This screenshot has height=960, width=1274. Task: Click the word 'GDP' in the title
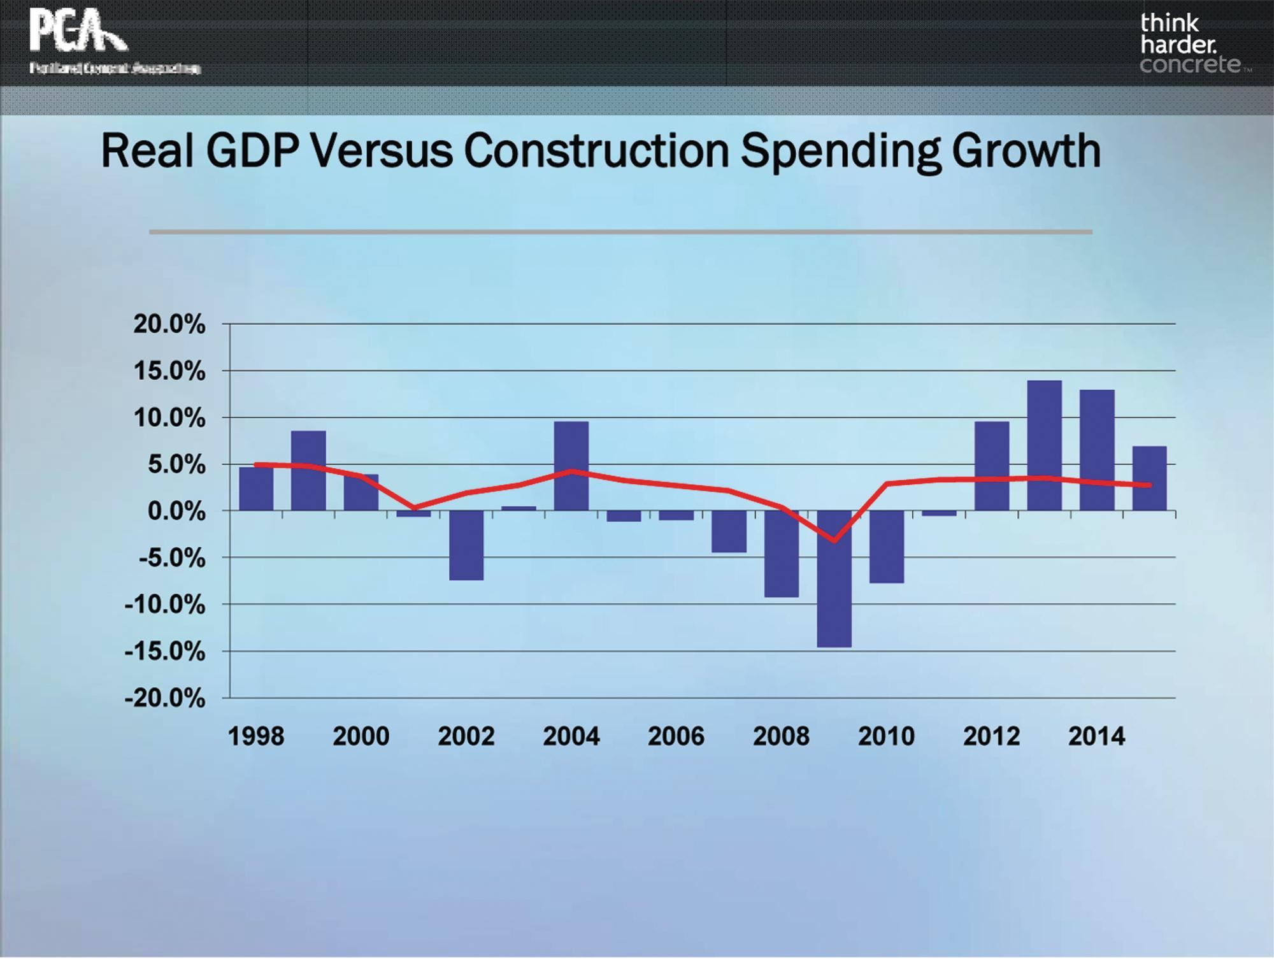(251, 152)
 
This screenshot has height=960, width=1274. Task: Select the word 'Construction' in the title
(596, 152)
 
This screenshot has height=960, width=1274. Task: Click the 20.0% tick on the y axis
(169, 325)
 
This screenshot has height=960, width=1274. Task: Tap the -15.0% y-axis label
(166, 652)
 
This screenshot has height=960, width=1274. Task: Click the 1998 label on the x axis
(256, 737)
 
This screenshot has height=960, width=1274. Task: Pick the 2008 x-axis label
(781, 737)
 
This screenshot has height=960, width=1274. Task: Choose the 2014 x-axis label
(1096, 737)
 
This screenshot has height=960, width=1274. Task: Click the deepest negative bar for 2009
(834, 580)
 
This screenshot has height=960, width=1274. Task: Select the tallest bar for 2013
(1044, 446)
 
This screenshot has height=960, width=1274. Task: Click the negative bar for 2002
(466, 545)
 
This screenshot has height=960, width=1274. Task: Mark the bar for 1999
(308, 471)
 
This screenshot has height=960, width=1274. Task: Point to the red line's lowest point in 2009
(834, 541)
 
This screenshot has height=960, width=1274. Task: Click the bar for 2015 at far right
(1149, 478)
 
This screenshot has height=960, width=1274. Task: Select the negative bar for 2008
(782, 554)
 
